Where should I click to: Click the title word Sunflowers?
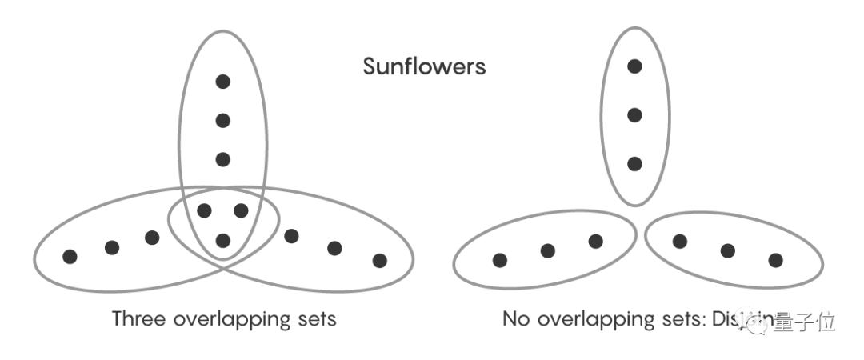(424, 66)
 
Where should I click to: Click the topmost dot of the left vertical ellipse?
(223, 81)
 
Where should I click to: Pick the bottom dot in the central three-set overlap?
(223, 240)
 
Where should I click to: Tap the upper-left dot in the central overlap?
(205, 211)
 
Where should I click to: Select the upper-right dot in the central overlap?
(241, 211)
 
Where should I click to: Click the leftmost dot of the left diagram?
(70, 256)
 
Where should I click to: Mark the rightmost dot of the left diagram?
(379, 260)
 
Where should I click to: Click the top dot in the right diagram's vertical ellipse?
(634, 66)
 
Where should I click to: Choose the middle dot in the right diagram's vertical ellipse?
(634, 115)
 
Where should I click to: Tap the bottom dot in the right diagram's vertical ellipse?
(634, 164)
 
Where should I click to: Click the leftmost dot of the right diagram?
(500, 259)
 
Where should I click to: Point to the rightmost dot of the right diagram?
(775, 259)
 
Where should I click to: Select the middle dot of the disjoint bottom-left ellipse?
(547, 251)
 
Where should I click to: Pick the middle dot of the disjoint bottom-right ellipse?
(727, 251)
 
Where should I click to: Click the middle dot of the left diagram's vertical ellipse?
(223, 120)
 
